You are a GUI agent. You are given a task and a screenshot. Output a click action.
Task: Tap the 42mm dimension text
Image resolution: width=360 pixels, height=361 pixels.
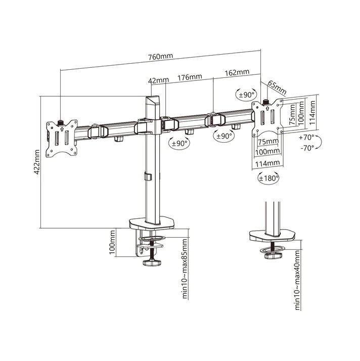pyautogui.click(x=158, y=80)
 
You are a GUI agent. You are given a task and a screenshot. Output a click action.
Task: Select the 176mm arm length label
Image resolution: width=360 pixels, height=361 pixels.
pyautogui.click(x=190, y=77)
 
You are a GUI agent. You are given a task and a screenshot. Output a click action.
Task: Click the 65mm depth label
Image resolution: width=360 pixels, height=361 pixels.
pyautogui.click(x=277, y=87)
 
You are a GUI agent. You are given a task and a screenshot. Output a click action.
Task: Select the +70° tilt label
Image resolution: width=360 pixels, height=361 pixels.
pyautogui.click(x=306, y=138)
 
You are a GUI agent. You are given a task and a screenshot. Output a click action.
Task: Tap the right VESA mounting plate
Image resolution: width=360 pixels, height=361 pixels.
pyautogui.click(x=266, y=117)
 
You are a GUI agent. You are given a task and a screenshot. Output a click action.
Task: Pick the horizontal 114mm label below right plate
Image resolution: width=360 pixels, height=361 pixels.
pyautogui.click(x=267, y=163)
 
